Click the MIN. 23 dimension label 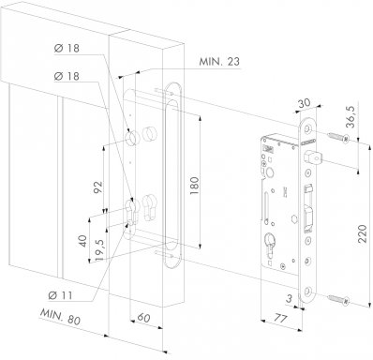[219, 62]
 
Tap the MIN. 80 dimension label [60, 317]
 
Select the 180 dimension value [194, 186]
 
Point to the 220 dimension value [362, 234]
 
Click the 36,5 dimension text [351, 116]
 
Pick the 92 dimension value [98, 187]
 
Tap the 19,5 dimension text [100, 249]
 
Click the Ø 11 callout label [61, 295]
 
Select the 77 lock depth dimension [280, 319]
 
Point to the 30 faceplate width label [304, 103]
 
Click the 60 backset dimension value [143, 318]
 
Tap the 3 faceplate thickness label [289, 298]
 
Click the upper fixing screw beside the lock [338, 138]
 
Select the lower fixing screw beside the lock [338, 299]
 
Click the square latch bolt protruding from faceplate [309, 157]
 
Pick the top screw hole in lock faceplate [309, 128]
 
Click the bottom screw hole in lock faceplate [308, 291]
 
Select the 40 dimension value [82, 241]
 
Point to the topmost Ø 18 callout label [67, 48]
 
